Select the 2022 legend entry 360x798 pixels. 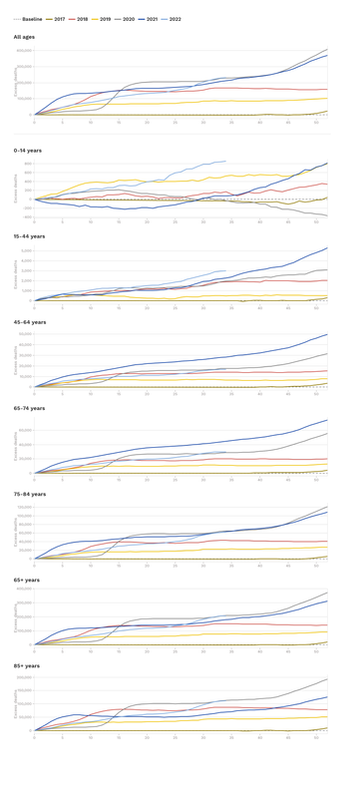pyautogui.click(x=175, y=19)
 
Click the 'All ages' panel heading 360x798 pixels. pyautogui.click(x=24, y=37)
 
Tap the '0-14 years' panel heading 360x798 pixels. pyautogui.click(x=28, y=151)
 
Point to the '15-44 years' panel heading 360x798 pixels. pyautogui.click(x=30, y=236)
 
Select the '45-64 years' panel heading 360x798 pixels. pyautogui.click(x=30, y=322)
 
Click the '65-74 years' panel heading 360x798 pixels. pyautogui.click(x=30, y=408)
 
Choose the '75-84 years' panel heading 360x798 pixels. pyautogui.click(x=30, y=494)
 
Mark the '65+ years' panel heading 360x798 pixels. pyautogui.click(x=27, y=580)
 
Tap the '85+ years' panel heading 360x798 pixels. pyautogui.click(x=27, y=665)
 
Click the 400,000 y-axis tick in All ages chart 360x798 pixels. pyautogui.click(x=24, y=50)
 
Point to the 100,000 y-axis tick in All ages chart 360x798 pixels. pyautogui.click(x=24, y=99)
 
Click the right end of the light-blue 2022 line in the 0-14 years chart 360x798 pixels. pyautogui.click(x=225, y=162)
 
